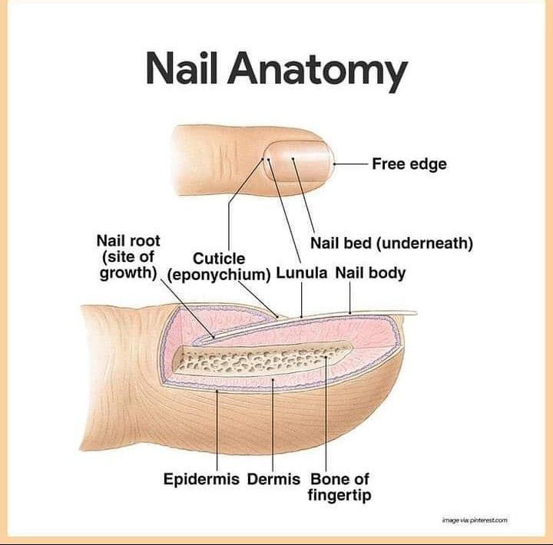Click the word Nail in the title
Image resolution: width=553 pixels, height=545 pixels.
(183, 71)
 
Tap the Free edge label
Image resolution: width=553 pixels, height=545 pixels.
(409, 163)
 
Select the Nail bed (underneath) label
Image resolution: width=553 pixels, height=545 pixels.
(391, 243)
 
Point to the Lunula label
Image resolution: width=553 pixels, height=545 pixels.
(302, 273)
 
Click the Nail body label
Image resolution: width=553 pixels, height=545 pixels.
(371, 273)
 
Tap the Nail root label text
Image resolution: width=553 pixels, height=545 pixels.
(128, 240)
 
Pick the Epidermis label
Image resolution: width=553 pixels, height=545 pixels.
(202, 480)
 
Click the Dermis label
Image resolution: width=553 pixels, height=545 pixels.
(273, 480)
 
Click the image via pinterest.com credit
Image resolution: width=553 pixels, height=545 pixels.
(475, 520)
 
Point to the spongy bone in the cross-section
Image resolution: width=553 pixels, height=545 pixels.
(261, 360)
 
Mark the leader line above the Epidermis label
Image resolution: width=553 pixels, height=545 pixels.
(219, 430)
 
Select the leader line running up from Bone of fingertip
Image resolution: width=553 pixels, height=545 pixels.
(327, 415)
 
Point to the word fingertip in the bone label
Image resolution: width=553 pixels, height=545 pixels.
(339, 496)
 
